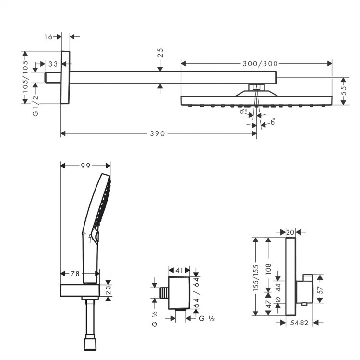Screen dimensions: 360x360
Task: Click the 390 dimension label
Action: pos(156,133)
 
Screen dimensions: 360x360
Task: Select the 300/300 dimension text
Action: pos(256,63)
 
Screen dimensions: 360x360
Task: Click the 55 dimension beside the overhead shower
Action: pos(344,91)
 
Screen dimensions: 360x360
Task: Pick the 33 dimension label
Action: pos(53,63)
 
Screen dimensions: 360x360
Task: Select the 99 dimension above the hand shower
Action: pos(85,166)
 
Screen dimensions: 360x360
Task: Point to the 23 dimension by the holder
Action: pos(108,289)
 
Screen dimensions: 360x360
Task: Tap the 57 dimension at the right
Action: pos(320,291)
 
